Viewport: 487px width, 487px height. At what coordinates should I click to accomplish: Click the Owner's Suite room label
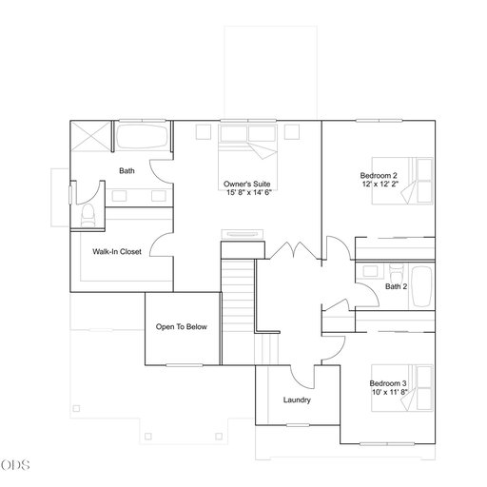pyautogui.click(x=247, y=184)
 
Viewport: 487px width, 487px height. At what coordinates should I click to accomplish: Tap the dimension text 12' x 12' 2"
pyautogui.click(x=380, y=184)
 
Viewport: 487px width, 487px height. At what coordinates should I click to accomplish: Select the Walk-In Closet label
pyautogui.click(x=117, y=252)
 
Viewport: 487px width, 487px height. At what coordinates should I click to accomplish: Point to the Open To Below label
pyautogui.click(x=182, y=327)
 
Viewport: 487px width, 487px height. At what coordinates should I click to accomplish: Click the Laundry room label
pyautogui.click(x=297, y=400)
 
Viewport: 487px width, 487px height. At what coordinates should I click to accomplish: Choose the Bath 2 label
pyautogui.click(x=396, y=286)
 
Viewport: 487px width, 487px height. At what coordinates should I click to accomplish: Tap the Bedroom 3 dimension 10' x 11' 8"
pyautogui.click(x=390, y=392)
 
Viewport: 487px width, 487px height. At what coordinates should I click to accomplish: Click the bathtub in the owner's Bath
pyautogui.click(x=142, y=137)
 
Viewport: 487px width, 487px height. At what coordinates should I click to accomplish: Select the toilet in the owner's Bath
pyautogui.click(x=88, y=215)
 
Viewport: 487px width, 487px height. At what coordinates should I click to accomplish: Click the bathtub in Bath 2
pyautogui.click(x=422, y=287)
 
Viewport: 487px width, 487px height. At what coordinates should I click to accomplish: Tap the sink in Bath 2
pyautogui.click(x=370, y=271)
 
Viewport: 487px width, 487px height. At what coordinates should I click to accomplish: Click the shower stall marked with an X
pyautogui.click(x=90, y=136)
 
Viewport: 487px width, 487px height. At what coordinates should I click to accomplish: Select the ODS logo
pyautogui.click(x=15, y=465)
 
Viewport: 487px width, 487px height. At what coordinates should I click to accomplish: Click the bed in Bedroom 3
pyautogui.click(x=402, y=388)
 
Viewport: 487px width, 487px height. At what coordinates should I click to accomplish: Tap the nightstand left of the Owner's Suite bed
pyautogui.click(x=204, y=132)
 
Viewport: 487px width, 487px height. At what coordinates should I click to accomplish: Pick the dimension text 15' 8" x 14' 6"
pyautogui.click(x=249, y=192)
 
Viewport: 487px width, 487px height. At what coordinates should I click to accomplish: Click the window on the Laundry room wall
pyautogui.click(x=298, y=425)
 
